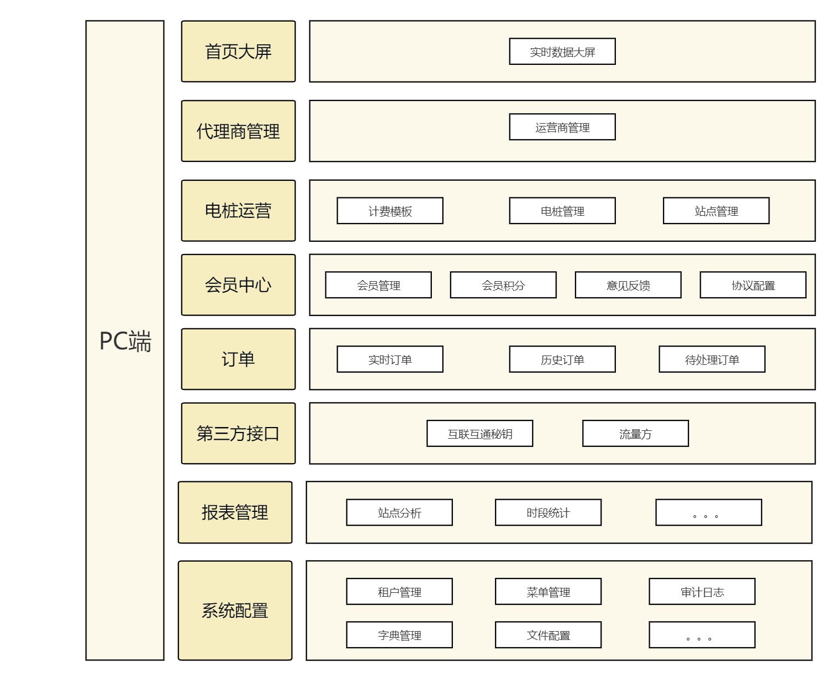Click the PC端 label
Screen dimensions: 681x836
[x=125, y=340]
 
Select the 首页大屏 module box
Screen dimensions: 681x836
[x=238, y=52]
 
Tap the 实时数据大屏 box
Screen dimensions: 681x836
[x=562, y=52]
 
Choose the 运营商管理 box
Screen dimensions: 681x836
[x=562, y=127]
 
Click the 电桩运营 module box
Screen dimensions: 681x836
[x=238, y=211]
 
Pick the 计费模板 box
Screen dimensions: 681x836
[x=390, y=211]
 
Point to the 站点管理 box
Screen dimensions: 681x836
[x=716, y=211]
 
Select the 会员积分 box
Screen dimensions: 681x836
[x=503, y=285]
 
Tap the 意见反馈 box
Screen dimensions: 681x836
[x=628, y=285]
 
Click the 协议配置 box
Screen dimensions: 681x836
[x=753, y=285]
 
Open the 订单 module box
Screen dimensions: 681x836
[x=238, y=359]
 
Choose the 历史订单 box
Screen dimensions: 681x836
[x=562, y=359]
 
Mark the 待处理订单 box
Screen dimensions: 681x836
[x=712, y=359]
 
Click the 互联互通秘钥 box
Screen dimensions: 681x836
[x=480, y=434]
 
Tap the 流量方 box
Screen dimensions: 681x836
[x=635, y=434]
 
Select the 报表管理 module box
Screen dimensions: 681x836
[x=235, y=512]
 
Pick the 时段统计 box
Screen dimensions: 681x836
[x=548, y=512]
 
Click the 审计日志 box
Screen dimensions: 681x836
[x=702, y=592]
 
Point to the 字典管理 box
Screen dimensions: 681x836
[x=399, y=635]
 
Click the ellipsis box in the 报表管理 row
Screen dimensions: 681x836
[x=708, y=512]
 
